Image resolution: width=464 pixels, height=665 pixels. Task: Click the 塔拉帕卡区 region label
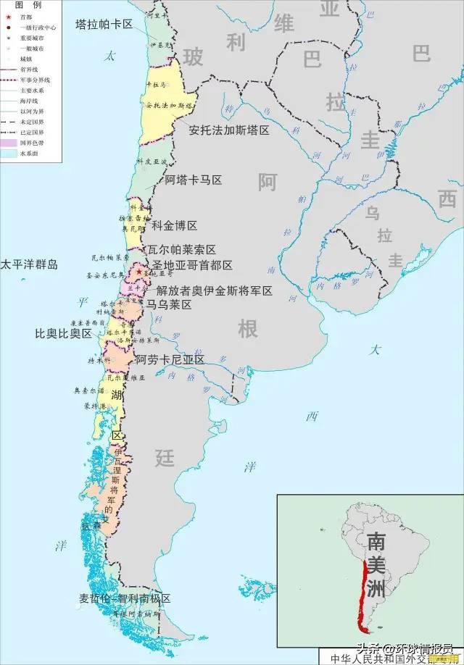[x=104, y=24]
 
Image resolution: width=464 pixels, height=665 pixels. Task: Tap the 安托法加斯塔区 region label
[x=228, y=130]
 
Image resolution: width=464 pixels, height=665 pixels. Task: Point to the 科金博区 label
[x=175, y=225]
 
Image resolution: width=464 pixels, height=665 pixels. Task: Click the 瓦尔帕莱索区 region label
[x=182, y=249]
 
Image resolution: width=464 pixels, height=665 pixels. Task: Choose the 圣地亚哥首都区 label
[x=192, y=265]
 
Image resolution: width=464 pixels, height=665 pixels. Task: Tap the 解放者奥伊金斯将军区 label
[x=215, y=290]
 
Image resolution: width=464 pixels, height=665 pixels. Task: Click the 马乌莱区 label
[x=169, y=305]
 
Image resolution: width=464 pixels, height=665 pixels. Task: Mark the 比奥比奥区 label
[x=64, y=334]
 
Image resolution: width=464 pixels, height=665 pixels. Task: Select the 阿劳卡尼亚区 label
[x=170, y=359]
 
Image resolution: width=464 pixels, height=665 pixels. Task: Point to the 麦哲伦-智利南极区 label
[x=125, y=599]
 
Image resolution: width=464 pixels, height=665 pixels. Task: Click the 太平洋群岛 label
[x=29, y=264]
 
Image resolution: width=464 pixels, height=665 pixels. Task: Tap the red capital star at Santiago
[x=139, y=272]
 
